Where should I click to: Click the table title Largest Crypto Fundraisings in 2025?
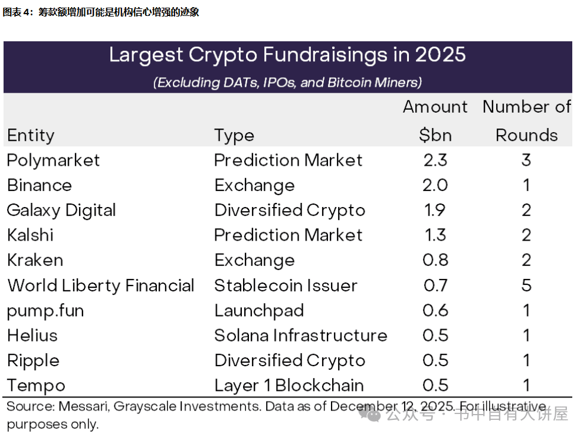(x=287, y=55)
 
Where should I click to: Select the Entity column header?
(x=31, y=136)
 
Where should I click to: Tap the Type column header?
(x=234, y=136)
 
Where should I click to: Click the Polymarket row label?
(x=53, y=160)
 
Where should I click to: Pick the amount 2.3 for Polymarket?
(x=435, y=160)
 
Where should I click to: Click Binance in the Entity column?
(x=40, y=185)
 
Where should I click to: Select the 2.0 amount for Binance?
(x=435, y=185)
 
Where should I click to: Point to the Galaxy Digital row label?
(x=61, y=211)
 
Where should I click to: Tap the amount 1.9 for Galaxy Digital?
(x=435, y=211)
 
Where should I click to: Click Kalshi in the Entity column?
(x=30, y=235)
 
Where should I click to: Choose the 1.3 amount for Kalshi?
(x=435, y=235)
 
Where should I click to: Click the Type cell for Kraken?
(x=254, y=260)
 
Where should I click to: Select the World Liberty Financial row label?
(x=101, y=285)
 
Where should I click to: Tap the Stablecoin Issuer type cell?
(x=286, y=285)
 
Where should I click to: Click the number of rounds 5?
(x=526, y=285)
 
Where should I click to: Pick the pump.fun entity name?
(x=45, y=311)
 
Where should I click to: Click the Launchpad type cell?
(x=259, y=311)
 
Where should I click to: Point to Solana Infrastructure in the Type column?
(x=300, y=336)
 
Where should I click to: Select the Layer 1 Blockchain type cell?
(x=289, y=386)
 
